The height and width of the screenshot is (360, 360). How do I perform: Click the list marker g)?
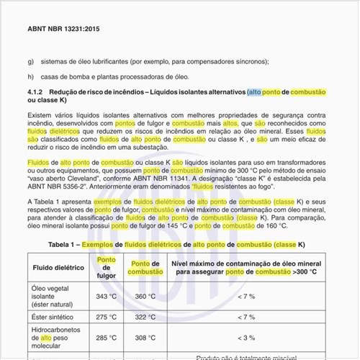point(30,61)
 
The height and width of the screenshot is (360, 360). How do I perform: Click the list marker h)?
point(30,77)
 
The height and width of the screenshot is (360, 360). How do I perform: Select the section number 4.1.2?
point(36,93)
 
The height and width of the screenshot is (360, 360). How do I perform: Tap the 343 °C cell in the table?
point(106,296)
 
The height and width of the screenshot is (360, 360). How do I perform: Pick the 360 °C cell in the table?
point(145,296)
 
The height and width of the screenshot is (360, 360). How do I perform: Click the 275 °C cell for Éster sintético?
point(106,317)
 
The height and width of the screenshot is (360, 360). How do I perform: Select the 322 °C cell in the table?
point(145,317)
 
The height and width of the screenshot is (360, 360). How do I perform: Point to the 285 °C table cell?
point(106,337)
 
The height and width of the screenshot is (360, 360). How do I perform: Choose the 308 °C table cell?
point(145,337)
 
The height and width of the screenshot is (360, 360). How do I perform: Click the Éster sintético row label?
point(55,317)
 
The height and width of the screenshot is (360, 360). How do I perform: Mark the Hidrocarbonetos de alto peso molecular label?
point(58,337)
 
